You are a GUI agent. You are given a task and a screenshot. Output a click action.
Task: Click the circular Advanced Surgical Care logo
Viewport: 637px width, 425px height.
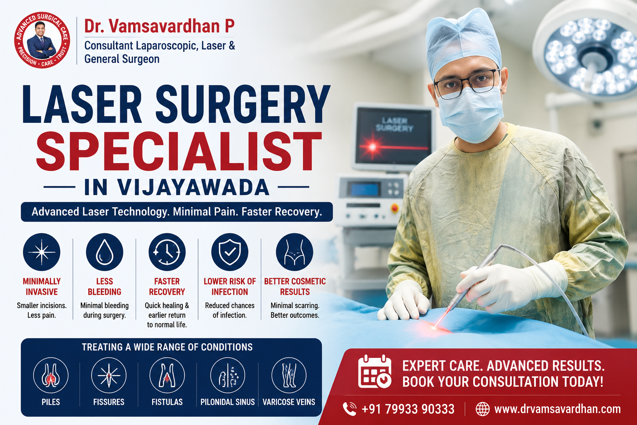click(42, 40)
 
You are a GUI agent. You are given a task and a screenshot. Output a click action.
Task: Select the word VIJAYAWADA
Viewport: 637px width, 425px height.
click(193, 187)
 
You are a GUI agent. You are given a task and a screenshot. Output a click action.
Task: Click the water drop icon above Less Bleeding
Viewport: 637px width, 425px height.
click(105, 252)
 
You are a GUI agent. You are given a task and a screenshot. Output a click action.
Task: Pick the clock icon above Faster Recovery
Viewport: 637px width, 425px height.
click(167, 252)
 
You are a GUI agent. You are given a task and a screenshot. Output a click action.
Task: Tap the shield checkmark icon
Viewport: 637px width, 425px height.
click(230, 252)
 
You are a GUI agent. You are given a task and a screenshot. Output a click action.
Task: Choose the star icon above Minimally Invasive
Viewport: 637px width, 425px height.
click(42, 252)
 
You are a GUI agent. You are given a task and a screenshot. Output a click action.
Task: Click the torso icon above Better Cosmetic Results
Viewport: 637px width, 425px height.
click(294, 252)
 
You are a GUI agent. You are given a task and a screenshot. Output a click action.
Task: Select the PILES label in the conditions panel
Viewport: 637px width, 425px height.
click(51, 402)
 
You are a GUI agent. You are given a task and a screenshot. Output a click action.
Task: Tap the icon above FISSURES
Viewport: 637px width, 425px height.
click(109, 375)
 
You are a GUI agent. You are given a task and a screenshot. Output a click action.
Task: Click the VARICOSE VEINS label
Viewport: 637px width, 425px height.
click(289, 402)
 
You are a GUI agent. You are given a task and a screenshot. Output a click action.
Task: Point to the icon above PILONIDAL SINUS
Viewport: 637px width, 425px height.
click(228, 375)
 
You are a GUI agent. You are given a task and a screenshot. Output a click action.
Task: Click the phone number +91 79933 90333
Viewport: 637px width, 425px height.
click(408, 409)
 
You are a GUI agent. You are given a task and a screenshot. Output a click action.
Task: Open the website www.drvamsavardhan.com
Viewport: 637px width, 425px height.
click(557, 409)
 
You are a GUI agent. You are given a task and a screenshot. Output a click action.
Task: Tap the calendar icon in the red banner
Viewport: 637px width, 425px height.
click(375, 371)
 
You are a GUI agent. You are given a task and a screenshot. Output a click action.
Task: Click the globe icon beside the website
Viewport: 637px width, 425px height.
click(483, 409)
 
